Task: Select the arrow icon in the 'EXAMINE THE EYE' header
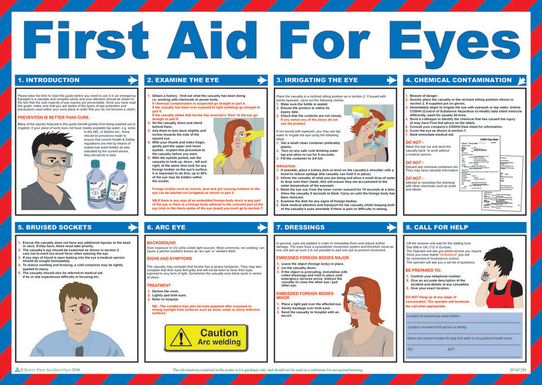coord(262,80)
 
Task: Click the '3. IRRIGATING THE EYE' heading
coord(317,80)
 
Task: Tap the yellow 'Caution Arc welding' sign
coord(205,337)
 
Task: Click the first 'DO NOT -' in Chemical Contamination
coord(415,142)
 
